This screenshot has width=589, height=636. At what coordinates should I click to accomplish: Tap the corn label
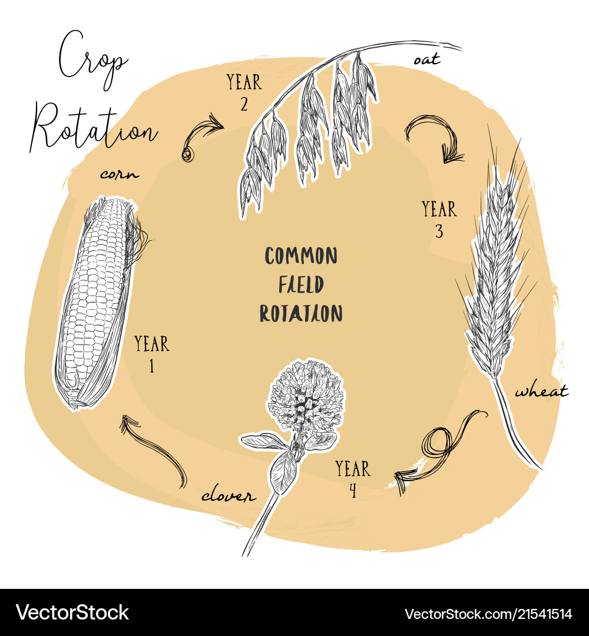point(119,174)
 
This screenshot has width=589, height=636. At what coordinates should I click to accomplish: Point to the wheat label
point(541,391)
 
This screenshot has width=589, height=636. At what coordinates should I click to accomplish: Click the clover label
point(229,496)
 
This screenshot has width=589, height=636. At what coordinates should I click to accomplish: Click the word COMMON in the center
point(301,256)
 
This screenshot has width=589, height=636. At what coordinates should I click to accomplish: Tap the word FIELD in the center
point(301,285)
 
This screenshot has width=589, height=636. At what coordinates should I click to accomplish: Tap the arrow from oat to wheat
point(436,138)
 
